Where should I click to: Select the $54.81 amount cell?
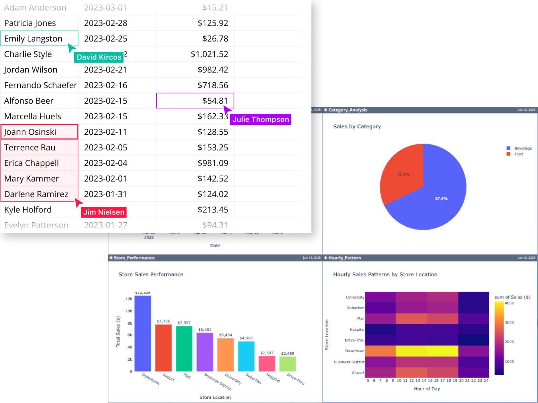click(195, 101)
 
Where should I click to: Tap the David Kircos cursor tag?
click(99, 57)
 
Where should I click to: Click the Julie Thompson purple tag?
click(261, 119)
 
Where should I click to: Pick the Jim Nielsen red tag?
click(104, 212)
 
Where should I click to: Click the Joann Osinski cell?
click(39, 132)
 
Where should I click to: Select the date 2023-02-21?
click(105, 70)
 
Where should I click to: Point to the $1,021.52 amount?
click(209, 54)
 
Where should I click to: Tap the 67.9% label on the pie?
click(441, 198)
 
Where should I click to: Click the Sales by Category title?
click(357, 127)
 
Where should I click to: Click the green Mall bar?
click(184, 348)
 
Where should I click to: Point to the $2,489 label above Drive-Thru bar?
click(288, 353)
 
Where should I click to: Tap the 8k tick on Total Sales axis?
click(130, 323)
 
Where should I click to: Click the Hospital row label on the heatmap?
click(357, 330)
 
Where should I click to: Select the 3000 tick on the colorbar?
click(509, 323)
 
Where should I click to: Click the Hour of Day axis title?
click(427, 389)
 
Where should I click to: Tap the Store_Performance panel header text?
click(134, 258)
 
